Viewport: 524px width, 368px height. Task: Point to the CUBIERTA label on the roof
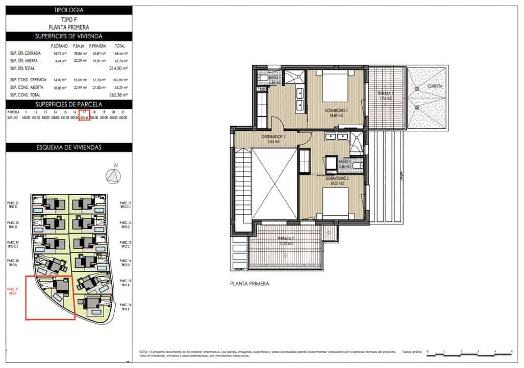point(435,86)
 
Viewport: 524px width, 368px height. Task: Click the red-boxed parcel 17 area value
point(85,118)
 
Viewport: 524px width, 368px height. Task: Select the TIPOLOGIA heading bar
point(69,10)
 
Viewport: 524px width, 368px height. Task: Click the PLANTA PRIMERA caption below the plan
point(249,283)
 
